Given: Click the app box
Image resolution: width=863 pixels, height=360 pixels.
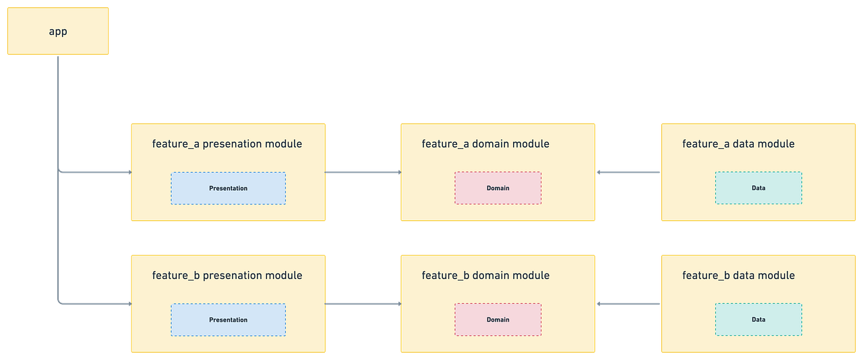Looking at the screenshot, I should [x=58, y=31].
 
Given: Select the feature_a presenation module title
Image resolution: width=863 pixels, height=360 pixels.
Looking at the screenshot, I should [x=227, y=144].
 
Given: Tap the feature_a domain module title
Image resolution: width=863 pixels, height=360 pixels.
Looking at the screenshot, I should [x=485, y=144].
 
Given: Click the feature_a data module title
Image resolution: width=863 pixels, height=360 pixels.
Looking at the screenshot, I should [x=738, y=144].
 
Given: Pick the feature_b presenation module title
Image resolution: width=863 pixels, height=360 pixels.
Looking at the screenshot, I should [x=227, y=275].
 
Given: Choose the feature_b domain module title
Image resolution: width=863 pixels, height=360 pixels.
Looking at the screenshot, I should [x=485, y=275].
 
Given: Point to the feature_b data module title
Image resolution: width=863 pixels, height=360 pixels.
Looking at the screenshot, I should [x=738, y=275].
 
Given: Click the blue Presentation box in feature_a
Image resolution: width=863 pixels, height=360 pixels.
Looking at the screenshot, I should [x=228, y=188].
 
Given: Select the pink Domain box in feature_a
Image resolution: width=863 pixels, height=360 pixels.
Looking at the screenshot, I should [x=498, y=188].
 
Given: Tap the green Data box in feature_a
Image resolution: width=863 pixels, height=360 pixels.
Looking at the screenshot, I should [x=758, y=188].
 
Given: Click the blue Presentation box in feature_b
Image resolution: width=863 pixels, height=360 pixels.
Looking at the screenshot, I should [x=228, y=320].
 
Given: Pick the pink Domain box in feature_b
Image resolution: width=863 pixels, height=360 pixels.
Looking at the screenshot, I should [x=498, y=320].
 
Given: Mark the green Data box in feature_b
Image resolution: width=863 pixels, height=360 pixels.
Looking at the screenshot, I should [x=758, y=320].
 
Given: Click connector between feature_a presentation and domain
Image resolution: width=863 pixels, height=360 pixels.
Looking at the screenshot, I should [x=363, y=173].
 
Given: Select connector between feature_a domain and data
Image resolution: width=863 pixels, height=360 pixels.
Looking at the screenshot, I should [x=628, y=173].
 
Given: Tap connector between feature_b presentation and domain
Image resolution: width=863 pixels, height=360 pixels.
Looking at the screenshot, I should [x=363, y=304].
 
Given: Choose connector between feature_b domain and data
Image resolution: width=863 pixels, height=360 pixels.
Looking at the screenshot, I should [x=628, y=304].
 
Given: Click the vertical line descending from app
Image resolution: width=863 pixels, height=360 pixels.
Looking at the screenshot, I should [x=59, y=115].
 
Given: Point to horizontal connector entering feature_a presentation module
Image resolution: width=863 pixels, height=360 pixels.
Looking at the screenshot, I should [x=94, y=173].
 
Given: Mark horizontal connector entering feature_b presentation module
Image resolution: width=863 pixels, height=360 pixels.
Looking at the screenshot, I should [x=94, y=304].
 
